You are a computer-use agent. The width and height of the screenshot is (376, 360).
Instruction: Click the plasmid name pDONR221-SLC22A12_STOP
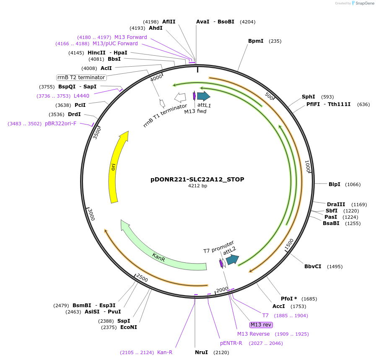click(197, 179)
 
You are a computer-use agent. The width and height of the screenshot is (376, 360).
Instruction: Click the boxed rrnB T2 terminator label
click(81, 78)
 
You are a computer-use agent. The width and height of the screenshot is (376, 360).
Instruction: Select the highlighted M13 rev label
click(261, 325)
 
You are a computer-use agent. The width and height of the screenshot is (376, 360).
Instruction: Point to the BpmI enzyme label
click(256, 41)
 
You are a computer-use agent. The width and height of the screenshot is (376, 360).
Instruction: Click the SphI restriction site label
click(308, 97)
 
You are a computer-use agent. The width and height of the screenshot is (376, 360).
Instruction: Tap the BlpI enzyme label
click(334, 184)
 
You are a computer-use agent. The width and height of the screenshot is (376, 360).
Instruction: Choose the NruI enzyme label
click(201, 352)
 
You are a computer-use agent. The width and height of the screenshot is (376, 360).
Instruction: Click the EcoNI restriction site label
click(128, 327)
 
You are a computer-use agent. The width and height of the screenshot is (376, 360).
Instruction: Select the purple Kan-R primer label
click(164, 352)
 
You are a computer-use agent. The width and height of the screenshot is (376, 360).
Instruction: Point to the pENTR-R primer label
click(231, 343)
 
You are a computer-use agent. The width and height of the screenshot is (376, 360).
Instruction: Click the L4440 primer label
click(81, 96)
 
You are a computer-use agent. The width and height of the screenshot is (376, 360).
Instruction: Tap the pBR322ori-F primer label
click(60, 124)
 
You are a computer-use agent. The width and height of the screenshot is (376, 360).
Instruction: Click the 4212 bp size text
click(197, 186)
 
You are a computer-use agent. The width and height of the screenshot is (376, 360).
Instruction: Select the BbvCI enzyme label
click(313, 267)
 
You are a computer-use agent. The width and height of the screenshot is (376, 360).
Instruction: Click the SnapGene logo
click(363, 3)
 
